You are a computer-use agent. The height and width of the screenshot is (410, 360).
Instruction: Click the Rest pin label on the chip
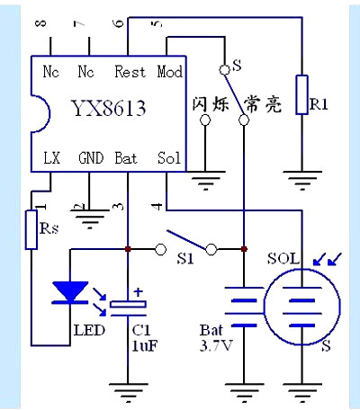pyautogui.click(x=131, y=71)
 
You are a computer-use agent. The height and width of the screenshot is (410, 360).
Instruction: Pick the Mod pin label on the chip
pyautogui.click(x=170, y=71)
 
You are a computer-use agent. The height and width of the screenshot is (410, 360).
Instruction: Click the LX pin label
pyautogui.click(x=51, y=158)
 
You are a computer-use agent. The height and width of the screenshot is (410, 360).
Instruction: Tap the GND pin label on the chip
pyautogui.click(x=91, y=158)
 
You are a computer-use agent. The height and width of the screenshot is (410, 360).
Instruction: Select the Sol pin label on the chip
pyautogui.click(x=168, y=158)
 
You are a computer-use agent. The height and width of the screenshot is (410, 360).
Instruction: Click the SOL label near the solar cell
pyautogui.click(x=282, y=258)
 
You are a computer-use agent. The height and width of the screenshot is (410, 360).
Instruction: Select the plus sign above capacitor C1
pyautogui.click(x=139, y=291)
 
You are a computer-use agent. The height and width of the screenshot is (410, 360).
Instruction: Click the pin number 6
pyautogui.click(x=119, y=22)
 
